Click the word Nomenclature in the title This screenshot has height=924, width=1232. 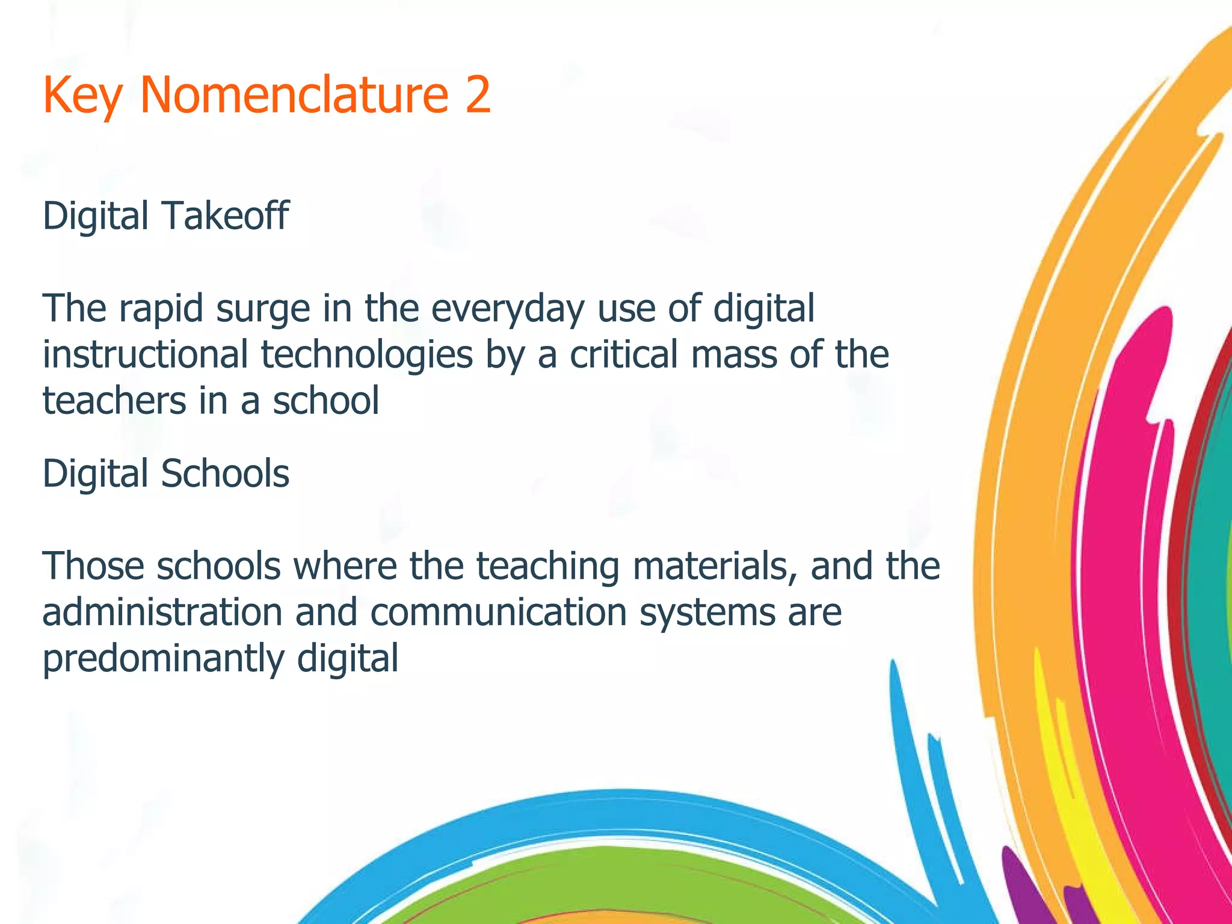coord(294,95)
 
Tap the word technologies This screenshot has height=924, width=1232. coord(366,356)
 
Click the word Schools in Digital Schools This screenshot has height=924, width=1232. coord(224,473)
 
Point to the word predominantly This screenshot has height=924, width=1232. coord(163,659)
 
